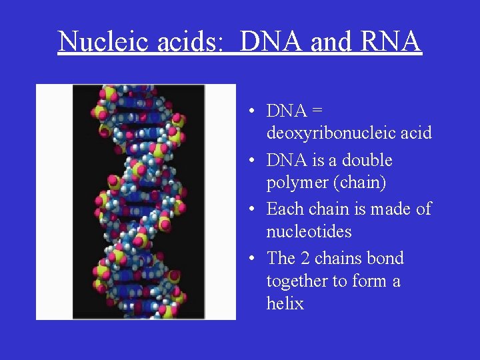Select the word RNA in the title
(392, 41)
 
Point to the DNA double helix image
(136, 202)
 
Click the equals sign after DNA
(317, 111)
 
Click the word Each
(285, 209)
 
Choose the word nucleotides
(309, 232)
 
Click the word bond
(386, 259)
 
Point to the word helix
(285, 304)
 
